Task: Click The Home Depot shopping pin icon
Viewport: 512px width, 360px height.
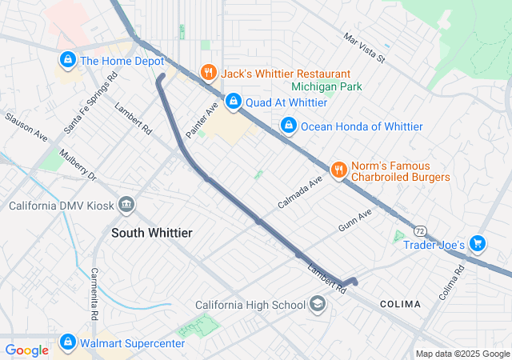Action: [67, 60]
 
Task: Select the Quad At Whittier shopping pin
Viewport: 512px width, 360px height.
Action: [234, 102]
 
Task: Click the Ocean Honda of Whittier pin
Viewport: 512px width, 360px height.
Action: [288, 126]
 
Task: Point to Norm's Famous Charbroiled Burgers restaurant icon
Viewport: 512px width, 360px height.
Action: [338, 170]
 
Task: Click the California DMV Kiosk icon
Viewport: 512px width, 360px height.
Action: [126, 206]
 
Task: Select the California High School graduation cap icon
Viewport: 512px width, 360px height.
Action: [318, 304]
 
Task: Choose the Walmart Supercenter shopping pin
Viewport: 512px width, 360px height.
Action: [67, 343]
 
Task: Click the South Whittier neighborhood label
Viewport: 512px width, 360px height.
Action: [151, 232]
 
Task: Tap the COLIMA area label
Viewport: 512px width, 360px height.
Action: [400, 304]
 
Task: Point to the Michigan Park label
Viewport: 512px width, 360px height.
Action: [326, 86]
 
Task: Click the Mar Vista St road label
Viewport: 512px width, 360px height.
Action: [364, 48]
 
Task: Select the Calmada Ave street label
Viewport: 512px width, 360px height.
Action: [299, 192]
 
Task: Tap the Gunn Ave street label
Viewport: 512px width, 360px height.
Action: [355, 220]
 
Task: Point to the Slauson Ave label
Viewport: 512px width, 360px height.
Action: [26, 128]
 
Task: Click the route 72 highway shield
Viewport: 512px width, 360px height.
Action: [420, 230]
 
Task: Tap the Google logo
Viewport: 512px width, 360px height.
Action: [26, 350]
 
